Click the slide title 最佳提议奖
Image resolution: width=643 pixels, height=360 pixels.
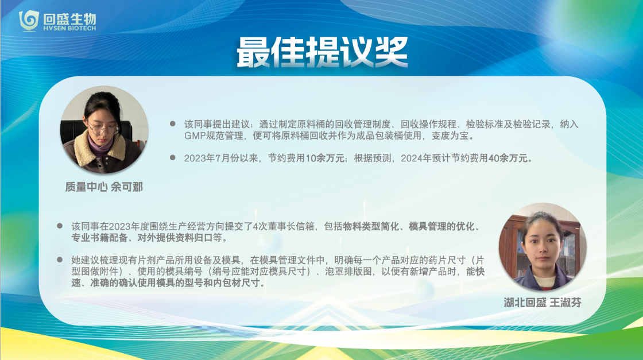[322, 52]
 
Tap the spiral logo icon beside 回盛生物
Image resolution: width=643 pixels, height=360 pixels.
[29, 21]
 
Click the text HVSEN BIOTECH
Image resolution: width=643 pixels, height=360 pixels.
[69, 28]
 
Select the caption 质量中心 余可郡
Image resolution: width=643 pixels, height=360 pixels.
[104, 187]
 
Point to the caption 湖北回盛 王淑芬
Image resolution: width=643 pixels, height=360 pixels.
[543, 303]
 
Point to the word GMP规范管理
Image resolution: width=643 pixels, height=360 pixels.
[214, 136]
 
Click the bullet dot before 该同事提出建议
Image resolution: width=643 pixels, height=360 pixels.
[173, 123]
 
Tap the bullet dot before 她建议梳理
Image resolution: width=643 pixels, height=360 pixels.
[60, 260]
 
